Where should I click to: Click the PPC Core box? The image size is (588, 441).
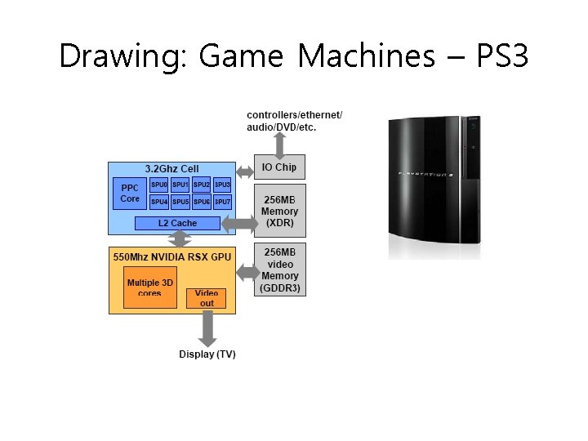point(130,194)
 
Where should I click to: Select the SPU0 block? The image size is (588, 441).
point(159,185)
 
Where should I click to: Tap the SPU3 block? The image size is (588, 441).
point(222,185)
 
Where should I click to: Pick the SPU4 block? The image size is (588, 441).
point(159,201)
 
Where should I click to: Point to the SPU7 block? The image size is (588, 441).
point(222,201)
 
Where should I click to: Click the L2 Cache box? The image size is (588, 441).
point(177,223)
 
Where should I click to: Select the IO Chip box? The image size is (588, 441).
point(279,167)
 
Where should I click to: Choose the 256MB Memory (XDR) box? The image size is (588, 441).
point(279,211)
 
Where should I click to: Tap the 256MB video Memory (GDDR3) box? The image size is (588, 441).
point(279,269)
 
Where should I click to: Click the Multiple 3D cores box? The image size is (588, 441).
point(150,287)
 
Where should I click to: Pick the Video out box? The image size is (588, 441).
point(207,297)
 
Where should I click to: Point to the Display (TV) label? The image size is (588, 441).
point(207,354)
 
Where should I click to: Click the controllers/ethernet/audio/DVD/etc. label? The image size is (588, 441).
point(294,121)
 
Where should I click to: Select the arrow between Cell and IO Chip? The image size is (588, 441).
point(245,171)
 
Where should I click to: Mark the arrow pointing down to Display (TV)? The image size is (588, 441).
point(207,329)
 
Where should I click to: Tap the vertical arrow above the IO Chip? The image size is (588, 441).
point(279,144)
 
